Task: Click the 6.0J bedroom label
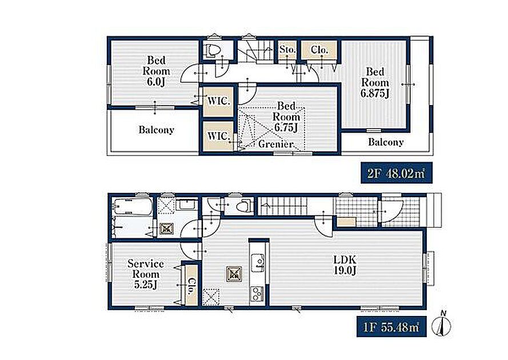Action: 156,71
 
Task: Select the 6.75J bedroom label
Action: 286,117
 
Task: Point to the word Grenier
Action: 276,144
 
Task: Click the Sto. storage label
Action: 287,50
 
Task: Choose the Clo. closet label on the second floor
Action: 319,50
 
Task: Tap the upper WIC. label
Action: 219,101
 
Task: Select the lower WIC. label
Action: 219,136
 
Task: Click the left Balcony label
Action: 156,130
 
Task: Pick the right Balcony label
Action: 386,142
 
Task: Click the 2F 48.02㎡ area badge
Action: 397,173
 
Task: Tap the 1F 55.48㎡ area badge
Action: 391,327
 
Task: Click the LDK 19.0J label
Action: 345,265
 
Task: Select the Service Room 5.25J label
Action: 146,274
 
